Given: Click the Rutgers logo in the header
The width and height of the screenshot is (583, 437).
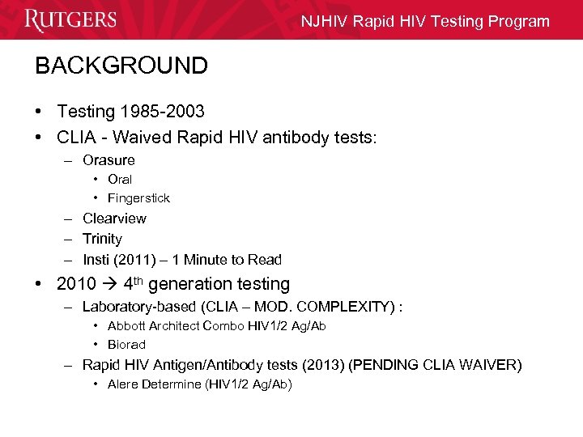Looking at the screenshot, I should pyautogui.click(x=70, y=19).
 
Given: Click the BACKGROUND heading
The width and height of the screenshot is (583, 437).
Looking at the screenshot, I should pyautogui.click(x=121, y=66).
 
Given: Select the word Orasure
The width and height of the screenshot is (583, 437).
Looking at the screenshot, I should pyautogui.click(x=109, y=160).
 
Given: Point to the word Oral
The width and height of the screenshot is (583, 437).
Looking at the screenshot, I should pyautogui.click(x=120, y=179).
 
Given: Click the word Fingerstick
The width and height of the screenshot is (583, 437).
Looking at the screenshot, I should pyautogui.click(x=138, y=197).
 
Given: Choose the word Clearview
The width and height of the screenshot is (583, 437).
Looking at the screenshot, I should pyautogui.click(x=114, y=218).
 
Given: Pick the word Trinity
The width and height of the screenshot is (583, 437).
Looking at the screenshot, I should pyautogui.click(x=102, y=239).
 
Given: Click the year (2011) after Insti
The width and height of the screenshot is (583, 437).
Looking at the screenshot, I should pyautogui.click(x=137, y=260).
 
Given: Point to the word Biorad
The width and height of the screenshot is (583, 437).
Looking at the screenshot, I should pyautogui.click(x=126, y=344).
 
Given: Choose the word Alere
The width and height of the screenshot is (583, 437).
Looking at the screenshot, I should pyautogui.click(x=124, y=384).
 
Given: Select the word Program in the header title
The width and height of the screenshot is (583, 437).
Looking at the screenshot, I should pyautogui.click(x=517, y=22).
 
